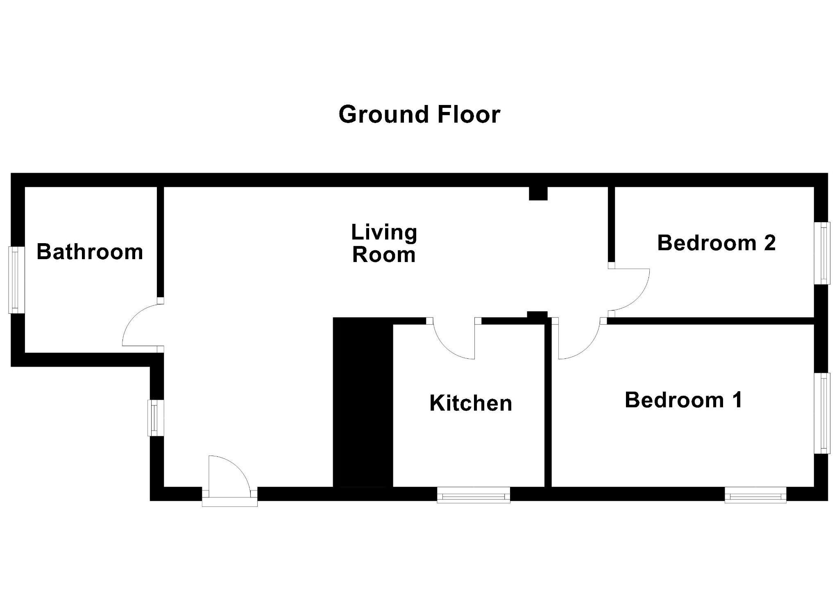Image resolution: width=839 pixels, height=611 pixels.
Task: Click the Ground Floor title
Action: (419, 114)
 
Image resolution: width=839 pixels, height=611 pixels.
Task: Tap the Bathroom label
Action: (90, 251)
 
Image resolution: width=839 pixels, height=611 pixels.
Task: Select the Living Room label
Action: (384, 243)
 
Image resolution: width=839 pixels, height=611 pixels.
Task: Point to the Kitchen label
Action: (471, 403)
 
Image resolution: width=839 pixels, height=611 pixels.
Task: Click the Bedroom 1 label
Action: (683, 399)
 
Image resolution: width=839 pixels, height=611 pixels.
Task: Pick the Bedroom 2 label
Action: (717, 242)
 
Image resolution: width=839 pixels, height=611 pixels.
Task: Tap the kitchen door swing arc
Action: (447, 349)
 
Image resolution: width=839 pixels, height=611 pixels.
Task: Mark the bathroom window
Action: (17, 280)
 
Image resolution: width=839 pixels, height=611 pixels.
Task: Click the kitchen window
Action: (474, 495)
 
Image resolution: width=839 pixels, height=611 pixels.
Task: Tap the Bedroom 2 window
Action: (822, 253)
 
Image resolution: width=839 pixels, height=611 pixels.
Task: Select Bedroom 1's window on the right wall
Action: (822, 413)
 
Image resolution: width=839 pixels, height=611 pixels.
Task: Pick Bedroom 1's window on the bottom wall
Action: (755, 495)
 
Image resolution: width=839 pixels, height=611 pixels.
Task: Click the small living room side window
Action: (156, 418)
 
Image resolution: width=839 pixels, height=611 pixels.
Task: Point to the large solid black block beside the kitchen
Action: (363, 402)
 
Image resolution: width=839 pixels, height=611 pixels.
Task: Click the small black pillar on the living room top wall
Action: (538, 194)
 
